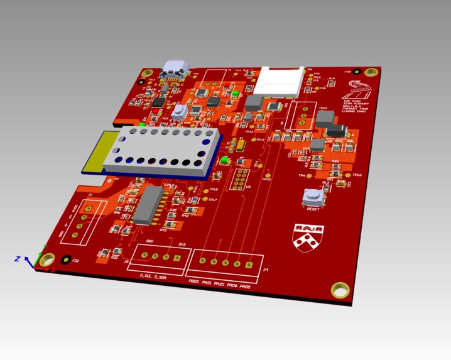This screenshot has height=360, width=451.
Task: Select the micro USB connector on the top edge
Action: (x=174, y=70)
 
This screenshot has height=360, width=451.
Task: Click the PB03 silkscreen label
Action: (x=193, y=282)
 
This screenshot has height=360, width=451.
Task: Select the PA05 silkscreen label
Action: (x=244, y=286)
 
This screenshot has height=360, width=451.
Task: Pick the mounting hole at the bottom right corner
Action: (x=340, y=289)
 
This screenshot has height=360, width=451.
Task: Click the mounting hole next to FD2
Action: (x=48, y=259)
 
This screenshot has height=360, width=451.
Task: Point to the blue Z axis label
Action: (x=18, y=258)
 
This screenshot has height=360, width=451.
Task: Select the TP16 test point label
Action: (x=356, y=175)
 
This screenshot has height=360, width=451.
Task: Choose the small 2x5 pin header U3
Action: (x=240, y=178)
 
